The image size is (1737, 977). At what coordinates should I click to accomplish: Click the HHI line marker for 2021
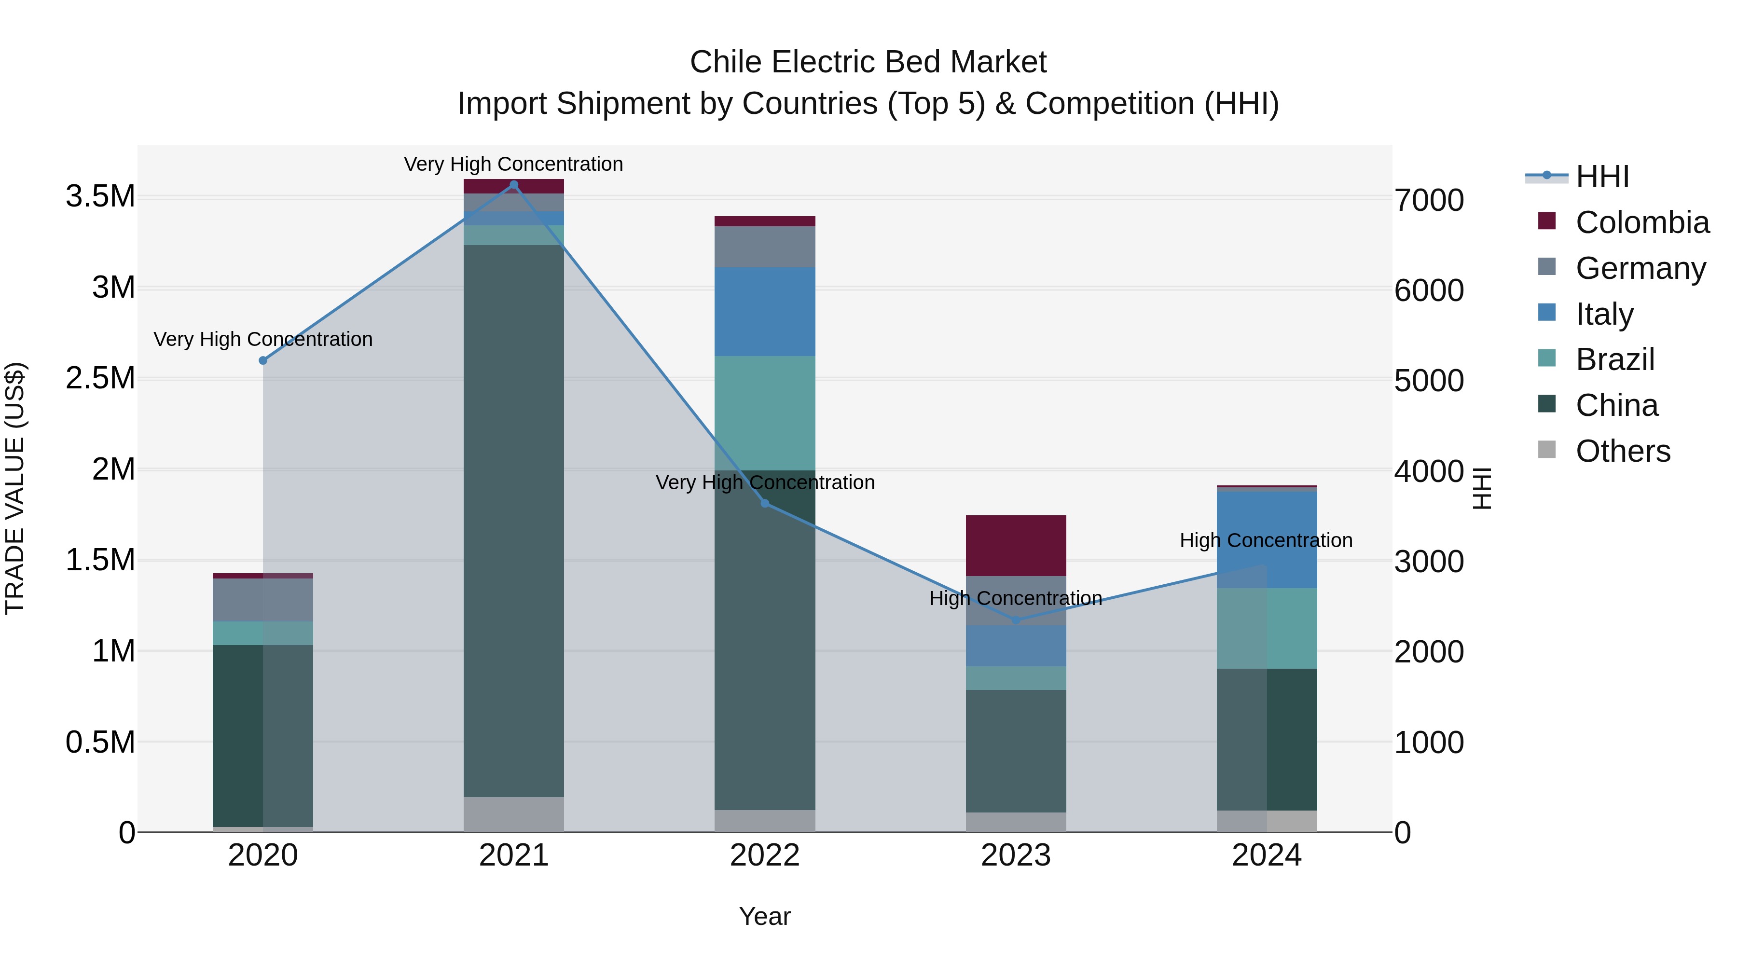click(514, 185)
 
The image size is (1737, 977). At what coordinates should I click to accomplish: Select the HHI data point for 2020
click(263, 361)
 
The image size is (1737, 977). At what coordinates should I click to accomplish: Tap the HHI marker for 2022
click(765, 504)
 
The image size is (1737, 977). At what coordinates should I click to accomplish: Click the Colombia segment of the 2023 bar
click(1016, 546)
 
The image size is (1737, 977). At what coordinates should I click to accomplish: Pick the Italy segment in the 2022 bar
click(765, 312)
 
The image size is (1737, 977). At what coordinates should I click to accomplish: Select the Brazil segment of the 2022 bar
click(765, 413)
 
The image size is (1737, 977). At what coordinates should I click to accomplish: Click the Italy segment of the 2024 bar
click(1267, 539)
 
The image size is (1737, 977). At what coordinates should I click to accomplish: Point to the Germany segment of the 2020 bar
click(263, 599)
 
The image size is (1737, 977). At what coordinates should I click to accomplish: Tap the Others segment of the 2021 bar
click(514, 814)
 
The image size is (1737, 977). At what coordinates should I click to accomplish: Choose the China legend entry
click(1616, 405)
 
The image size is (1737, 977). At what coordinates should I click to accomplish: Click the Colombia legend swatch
click(1547, 221)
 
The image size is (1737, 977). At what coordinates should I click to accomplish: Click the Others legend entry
click(1622, 451)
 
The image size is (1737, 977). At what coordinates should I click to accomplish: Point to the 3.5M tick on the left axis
click(100, 196)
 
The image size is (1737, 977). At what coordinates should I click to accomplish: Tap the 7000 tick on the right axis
click(1429, 200)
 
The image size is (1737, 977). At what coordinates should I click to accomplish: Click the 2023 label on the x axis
click(1016, 855)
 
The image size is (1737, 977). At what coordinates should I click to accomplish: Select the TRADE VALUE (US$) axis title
click(15, 488)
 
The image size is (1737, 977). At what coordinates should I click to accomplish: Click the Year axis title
click(765, 916)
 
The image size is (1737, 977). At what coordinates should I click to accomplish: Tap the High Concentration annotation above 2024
click(1266, 541)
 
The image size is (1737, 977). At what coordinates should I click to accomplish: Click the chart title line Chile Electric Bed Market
click(868, 62)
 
